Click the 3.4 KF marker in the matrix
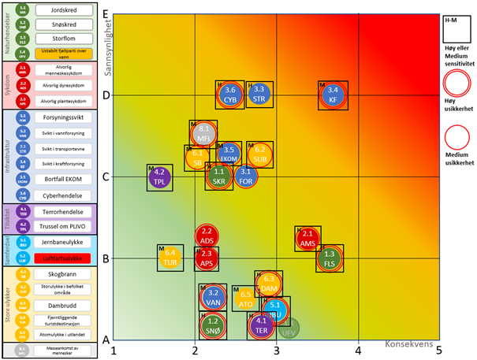pyautogui.click(x=334, y=95)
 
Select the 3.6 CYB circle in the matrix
pyautogui.click(x=230, y=95)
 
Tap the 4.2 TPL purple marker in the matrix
pyautogui.click(x=160, y=177)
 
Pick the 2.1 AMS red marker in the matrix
pyautogui.click(x=307, y=239)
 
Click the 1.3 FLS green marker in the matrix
pyautogui.click(x=330, y=258)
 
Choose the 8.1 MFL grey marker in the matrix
pyautogui.click(x=203, y=133)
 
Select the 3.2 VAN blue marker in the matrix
pyautogui.click(x=212, y=298)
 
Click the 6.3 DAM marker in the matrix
pyautogui.click(x=269, y=284)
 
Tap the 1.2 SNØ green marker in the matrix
pyautogui.click(x=212, y=325)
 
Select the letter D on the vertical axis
pyautogui.click(x=106, y=95)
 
